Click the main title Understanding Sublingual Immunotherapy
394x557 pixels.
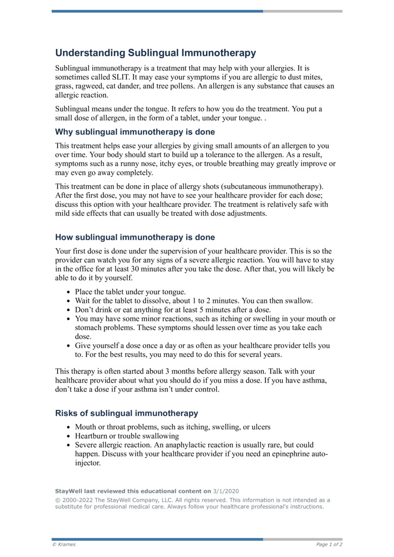click(x=155, y=53)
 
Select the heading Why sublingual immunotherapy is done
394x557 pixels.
click(x=134, y=132)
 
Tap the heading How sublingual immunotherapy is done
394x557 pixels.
click(x=134, y=237)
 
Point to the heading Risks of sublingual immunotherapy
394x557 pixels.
click(x=127, y=413)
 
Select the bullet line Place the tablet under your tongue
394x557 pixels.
click(x=130, y=292)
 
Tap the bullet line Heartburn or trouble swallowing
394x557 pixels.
click(x=127, y=436)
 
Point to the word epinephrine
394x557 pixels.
click(x=287, y=454)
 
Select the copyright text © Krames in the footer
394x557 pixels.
click(x=64, y=545)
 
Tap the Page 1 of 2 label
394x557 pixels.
click(x=329, y=545)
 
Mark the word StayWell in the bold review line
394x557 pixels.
click(x=68, y=491)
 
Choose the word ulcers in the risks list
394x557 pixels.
click(x=260, y=427)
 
